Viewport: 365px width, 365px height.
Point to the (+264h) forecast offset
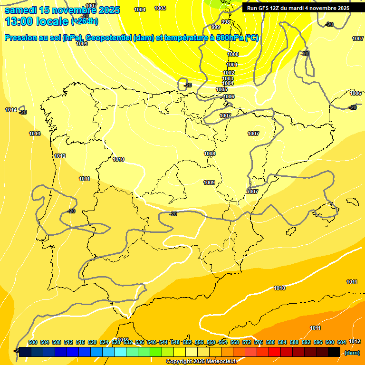85,21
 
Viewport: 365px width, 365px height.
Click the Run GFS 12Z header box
298,8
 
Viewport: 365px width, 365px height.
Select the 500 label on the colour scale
33,342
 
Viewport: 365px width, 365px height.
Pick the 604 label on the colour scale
342,342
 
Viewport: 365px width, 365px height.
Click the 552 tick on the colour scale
187,342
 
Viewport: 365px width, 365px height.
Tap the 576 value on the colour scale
259,342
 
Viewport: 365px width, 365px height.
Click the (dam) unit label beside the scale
352,353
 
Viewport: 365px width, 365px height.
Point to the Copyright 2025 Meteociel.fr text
201,361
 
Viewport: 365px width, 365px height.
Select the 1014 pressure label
11,110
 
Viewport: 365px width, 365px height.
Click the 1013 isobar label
35,134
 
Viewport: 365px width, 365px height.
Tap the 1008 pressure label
210,154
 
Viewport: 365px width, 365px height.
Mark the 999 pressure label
216,27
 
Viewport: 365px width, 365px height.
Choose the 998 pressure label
226,22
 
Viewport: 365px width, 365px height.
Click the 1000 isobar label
233,54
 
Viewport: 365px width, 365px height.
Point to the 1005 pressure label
221,89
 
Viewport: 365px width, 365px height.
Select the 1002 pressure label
229,73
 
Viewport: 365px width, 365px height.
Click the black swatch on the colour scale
334,352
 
